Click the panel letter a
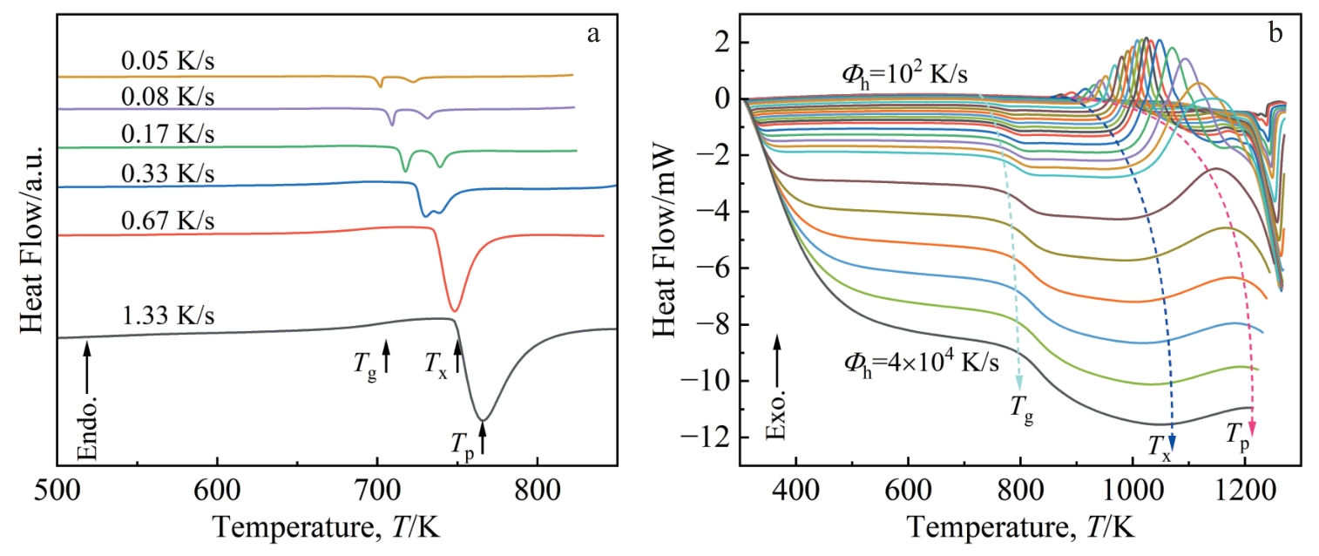pyautogui.click(x=594, y=34)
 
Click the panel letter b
pyautogui.click(x=1275, y=34)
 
